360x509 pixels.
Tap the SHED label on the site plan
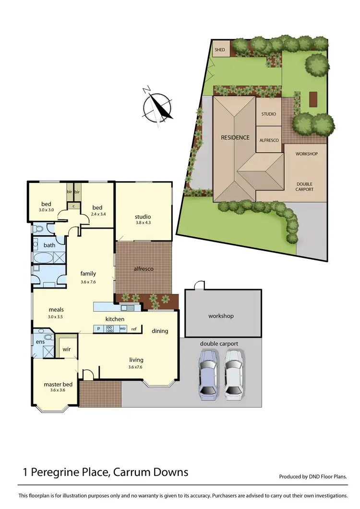220,49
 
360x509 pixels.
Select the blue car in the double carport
208,375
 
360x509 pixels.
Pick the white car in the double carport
234,375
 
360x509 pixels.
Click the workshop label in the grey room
221,316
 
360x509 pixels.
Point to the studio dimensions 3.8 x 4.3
143,223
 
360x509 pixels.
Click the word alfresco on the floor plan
143,269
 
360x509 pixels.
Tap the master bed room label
58,384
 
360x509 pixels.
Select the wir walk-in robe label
67,349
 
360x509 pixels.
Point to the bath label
49,245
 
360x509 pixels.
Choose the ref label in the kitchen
134,329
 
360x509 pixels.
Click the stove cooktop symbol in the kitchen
109,329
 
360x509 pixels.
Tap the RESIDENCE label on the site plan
235,137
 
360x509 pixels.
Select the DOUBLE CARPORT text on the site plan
305,186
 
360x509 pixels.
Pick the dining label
160,331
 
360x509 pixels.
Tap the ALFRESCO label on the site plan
269,140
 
